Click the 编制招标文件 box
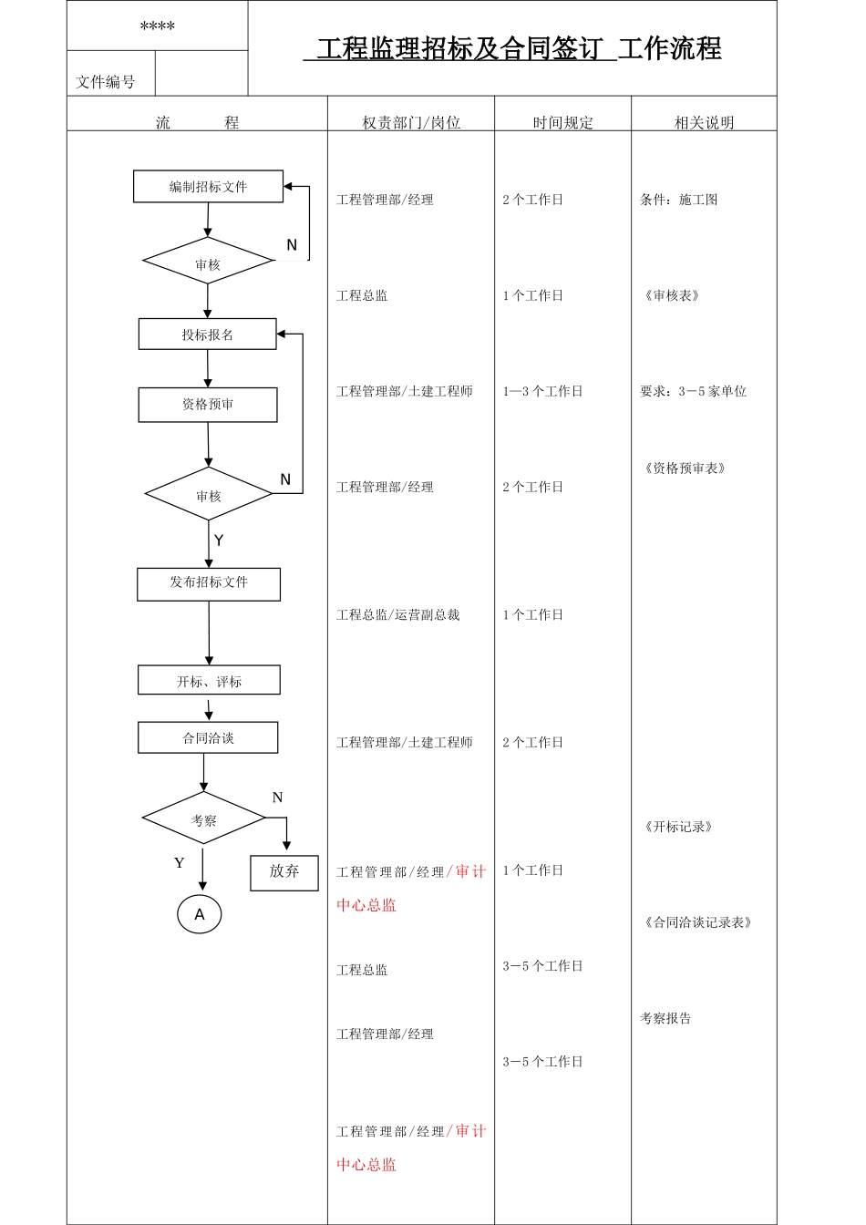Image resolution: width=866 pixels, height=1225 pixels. click(208, 187)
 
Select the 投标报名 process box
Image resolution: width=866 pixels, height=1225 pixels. click(207, 335)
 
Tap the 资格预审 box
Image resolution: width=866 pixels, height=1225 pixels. click(208, 405)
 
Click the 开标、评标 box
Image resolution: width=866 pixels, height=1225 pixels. click(209, 681)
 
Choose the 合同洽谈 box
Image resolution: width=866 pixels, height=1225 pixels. click(208, 738)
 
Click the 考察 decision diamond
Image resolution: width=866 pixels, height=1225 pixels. click(204, 819)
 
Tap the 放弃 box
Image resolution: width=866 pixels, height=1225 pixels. click(284, 872)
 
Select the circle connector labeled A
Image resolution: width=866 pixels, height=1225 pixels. click(200, 914)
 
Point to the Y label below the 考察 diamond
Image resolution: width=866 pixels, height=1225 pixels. click(179, 863)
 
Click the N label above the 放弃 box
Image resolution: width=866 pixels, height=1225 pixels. click(278, 798)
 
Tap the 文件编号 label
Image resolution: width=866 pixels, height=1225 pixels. click(106, 82)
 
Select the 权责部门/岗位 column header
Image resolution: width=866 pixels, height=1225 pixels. click(411, 123)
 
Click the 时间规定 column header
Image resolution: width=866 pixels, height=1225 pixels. click(562, 123)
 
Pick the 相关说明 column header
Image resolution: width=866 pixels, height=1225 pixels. click(704, 123)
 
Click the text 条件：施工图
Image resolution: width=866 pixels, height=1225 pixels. click(679, 200)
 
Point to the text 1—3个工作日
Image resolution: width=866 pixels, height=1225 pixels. click(542, 391)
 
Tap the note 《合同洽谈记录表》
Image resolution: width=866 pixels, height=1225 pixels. click(698, 922)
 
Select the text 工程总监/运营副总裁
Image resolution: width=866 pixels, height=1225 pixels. click(398, 615)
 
